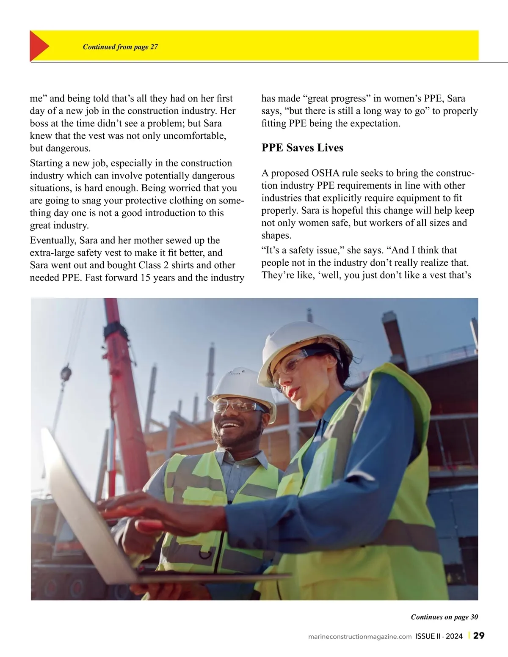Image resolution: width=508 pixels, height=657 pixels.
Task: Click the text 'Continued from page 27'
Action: click(x=120, y=47)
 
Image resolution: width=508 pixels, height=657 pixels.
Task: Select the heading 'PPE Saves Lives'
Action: click(x=302, y=148)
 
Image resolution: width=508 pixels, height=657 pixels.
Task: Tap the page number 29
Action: click(x=479, y=636)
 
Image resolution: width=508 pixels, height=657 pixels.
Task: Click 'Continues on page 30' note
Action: click(x=444, y=617)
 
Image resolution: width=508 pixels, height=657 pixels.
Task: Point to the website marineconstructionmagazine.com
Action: click(x=360, y=636)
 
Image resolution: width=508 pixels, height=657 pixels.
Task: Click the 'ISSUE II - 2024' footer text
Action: click(x=439, y=636)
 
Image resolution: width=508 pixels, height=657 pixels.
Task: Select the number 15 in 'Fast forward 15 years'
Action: click(x=146, y=278)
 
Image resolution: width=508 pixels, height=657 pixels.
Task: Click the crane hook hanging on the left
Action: click(x=66, y=374)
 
